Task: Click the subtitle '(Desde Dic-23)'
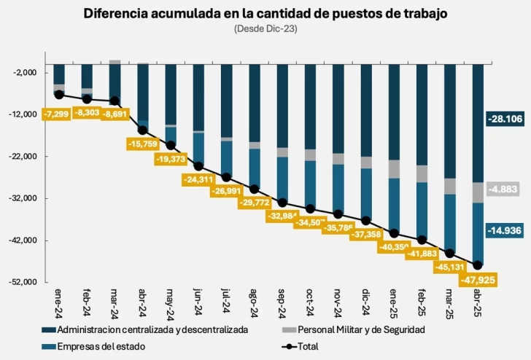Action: [x=265, y=28]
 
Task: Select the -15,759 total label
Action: [x=143, y=144]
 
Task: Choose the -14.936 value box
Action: [x=505, y=231]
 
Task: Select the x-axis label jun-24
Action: [x=198, y=302]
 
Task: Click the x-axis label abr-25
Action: [x=478, y=302]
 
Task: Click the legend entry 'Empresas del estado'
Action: [x=101, y=346]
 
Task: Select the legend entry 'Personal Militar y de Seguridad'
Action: [x=359, y=329]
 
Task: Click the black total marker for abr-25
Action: [x=478, y=265]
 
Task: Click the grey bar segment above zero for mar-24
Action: [x=115, y=62]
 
